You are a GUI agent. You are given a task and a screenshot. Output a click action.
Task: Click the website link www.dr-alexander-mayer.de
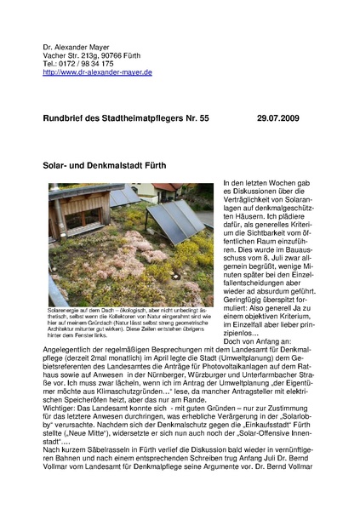tap(98, 73)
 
